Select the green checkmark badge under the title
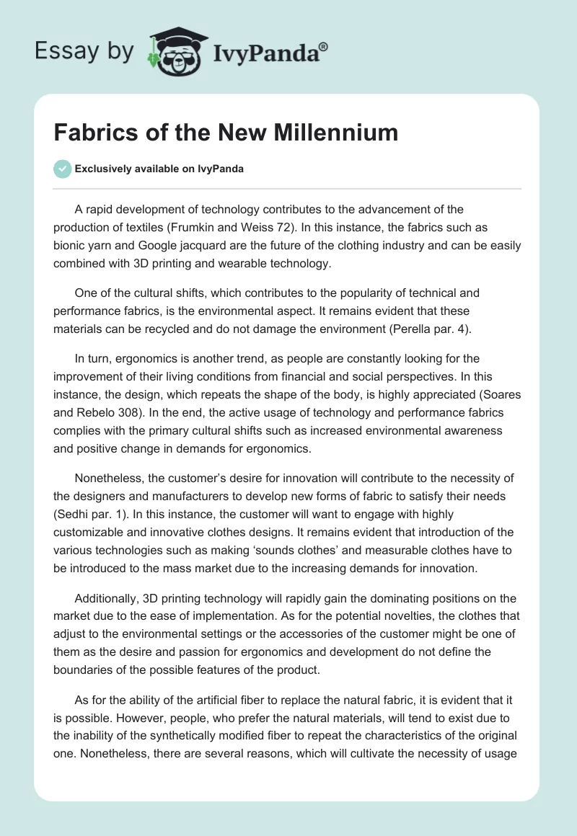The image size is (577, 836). point(62,169)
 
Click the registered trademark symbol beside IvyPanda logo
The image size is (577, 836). point(324,46)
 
